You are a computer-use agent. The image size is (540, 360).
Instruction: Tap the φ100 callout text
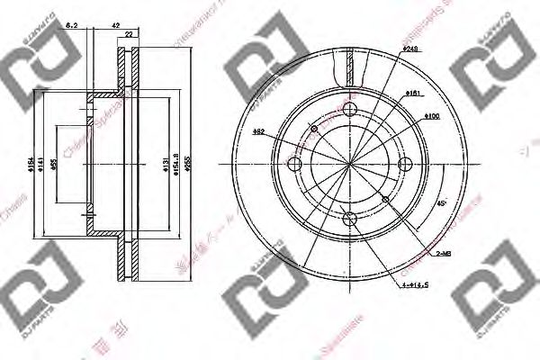(x=431, y=114)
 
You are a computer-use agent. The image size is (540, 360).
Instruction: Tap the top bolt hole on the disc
(x=349, y=110)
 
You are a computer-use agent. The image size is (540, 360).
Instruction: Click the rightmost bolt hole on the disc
(x=404, y=163)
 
